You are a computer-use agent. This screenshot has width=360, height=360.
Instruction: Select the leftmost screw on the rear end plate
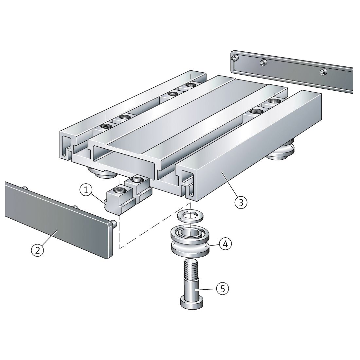coord(234,59)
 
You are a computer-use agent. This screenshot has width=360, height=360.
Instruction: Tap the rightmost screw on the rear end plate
coord(323,71)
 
